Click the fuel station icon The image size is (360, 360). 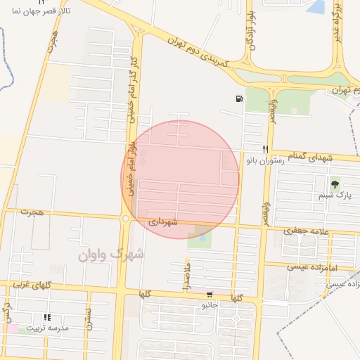coord(240,98)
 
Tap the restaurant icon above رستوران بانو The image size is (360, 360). coord(265,149)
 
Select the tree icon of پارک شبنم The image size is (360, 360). coord(334,185)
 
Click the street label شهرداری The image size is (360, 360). coord(163,221)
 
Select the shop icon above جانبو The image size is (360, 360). coord(210,294)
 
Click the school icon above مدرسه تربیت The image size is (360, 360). coord(47,317)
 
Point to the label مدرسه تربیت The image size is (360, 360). coord(48,328)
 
